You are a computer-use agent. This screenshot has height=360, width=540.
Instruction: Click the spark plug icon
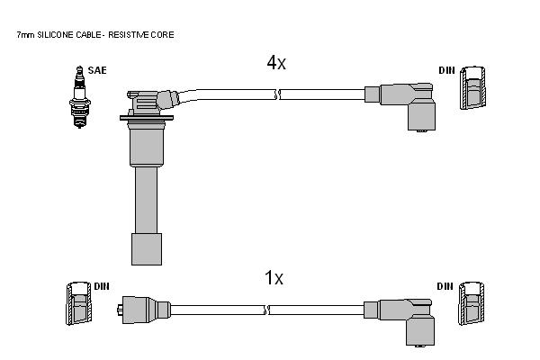(80, 97)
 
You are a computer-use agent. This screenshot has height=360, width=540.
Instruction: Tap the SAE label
(97, 70)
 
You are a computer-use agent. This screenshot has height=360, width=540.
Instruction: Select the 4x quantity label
(276, 63)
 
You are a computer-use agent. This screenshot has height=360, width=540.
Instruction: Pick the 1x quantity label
(274, 278)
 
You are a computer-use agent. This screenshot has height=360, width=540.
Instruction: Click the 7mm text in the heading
(26, 35)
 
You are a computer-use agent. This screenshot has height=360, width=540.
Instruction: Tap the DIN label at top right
(446, 70)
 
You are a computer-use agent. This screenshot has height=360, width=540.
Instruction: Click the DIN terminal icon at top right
(472, 88)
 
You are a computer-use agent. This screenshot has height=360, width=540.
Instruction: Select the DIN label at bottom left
(102, 286)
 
